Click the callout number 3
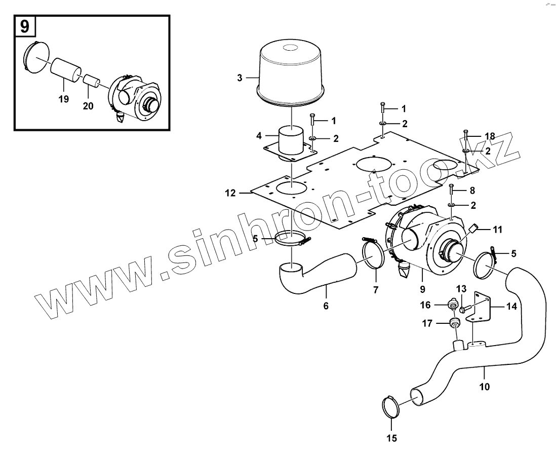coord(240,78)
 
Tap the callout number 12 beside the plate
coord(230,193)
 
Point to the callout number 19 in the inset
coord(63,99)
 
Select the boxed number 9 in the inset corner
coord(24,26)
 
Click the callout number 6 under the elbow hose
coord(326,306)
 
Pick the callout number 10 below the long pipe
coord(484,388)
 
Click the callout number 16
coord(425,305)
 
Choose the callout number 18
coord(489,136)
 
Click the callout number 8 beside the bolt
coord(472,191)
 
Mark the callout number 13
coord(462,289)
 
